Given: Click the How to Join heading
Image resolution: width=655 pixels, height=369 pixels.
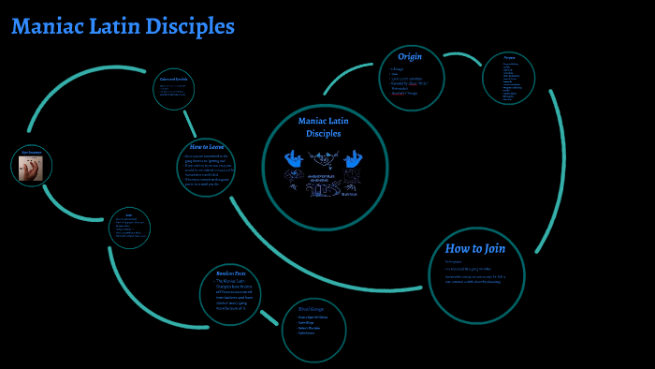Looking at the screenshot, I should (475, 248).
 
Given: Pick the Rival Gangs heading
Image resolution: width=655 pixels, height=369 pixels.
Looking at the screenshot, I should (313, 309).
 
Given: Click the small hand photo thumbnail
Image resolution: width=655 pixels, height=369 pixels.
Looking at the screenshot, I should (31, 168).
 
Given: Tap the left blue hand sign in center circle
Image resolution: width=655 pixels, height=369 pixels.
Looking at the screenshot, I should (295, 159).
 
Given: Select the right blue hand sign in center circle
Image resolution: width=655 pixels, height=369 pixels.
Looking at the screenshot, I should (353, 159).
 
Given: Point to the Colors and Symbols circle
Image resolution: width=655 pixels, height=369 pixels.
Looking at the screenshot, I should (174, 89).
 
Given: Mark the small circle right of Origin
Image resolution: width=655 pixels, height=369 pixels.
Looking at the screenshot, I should (508, 78).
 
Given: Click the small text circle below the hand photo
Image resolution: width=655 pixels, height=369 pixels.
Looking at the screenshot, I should (129, 229).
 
